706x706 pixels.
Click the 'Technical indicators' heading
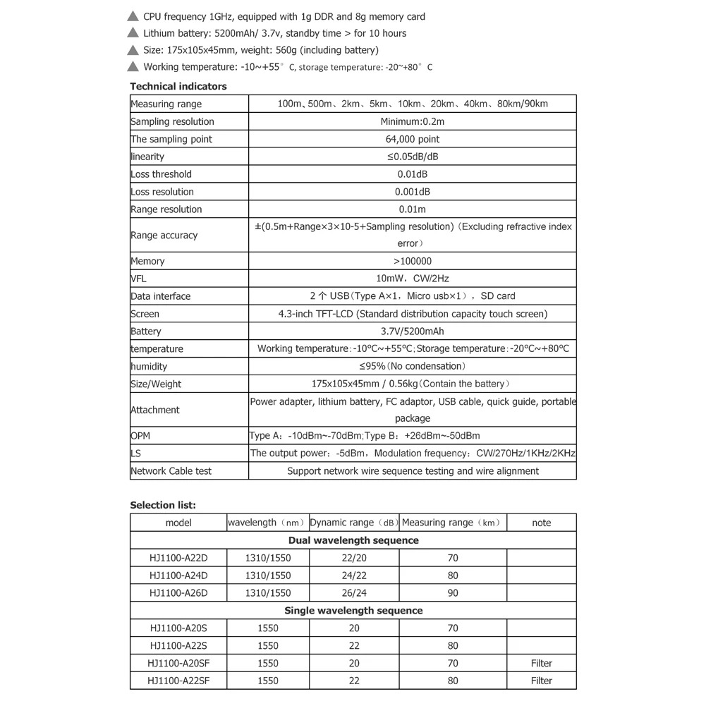click(178, 86)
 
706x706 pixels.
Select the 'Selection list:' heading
click(163, 505)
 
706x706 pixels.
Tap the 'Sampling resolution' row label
click(172, 121)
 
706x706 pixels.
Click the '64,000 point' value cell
click(413, 139)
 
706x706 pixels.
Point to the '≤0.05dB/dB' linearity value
click(413, 157)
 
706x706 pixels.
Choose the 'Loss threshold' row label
click(162, 174)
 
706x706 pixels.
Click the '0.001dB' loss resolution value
click(413, 192)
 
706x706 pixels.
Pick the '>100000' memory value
click(413, 261)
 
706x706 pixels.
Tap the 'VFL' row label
click(138, 279)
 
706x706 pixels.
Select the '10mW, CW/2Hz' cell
click(413, 279)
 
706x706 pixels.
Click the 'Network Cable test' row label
click(171, 470)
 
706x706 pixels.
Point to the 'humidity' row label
click(149, 366)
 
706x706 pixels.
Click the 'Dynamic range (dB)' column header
click(353, 523)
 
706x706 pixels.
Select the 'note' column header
click(542, 523)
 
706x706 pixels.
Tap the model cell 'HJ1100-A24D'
click(178, 576)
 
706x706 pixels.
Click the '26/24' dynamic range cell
click(354, 593)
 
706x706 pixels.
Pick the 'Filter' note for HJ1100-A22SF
click(542, 681)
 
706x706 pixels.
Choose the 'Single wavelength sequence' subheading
click(353, 611)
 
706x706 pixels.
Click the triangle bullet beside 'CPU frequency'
click(133, 16)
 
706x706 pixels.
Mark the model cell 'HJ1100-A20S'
click(178, 628)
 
